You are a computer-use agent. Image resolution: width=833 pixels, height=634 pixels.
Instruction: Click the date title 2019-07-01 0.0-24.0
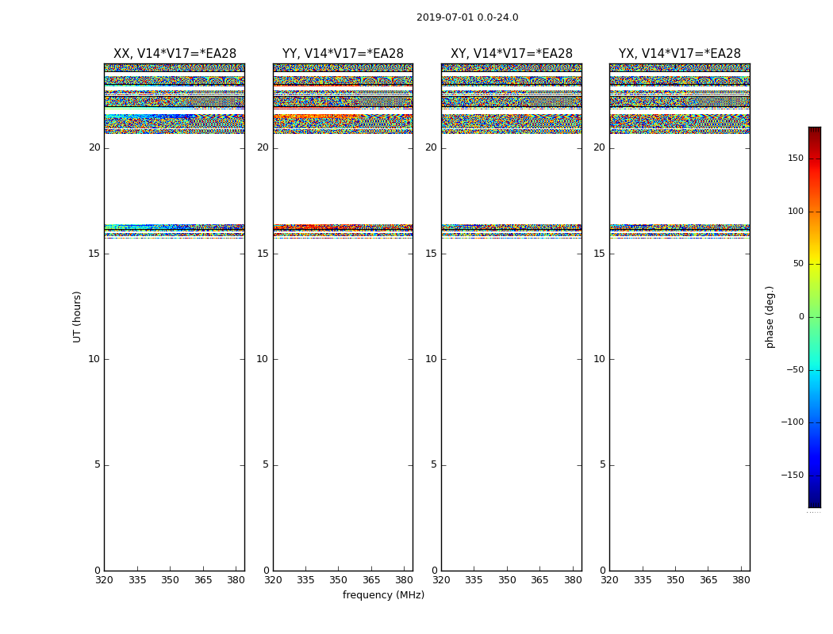tap(467, 17)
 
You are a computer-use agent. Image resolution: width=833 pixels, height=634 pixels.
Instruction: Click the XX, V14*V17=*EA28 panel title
tap(175, 54)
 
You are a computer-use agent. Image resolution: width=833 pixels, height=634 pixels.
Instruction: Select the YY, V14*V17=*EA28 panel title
tap(343, 54)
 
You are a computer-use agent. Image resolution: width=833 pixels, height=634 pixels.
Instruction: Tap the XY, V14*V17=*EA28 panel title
tap(512, 54)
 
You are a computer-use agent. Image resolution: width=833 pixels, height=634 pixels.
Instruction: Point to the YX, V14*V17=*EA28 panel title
tap(680, 54)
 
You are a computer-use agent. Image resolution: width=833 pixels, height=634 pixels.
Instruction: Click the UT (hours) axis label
tap(78, 316)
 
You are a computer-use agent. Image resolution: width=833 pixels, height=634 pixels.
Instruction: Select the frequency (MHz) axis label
tap(383, 595)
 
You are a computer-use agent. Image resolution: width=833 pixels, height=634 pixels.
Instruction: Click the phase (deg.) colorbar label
tap(770, 316)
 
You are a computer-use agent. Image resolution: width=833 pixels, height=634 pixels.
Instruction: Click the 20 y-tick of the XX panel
tap(94, 147)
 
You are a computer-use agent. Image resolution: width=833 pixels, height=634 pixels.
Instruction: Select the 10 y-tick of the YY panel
tap(263, 359)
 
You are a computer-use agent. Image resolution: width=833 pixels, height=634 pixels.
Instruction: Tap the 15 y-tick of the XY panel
tap(431, 254)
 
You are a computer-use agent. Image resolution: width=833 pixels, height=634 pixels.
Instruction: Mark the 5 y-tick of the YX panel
tap(602, 464)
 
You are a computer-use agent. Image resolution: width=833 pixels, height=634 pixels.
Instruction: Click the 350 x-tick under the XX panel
tap(170, 579)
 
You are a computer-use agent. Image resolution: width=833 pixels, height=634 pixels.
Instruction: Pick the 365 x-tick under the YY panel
tap(371, 579)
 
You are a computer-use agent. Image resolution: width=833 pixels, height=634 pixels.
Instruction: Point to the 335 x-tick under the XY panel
tap(474, 579)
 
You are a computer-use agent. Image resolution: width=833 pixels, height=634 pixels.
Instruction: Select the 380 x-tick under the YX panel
tap(741, 579)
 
